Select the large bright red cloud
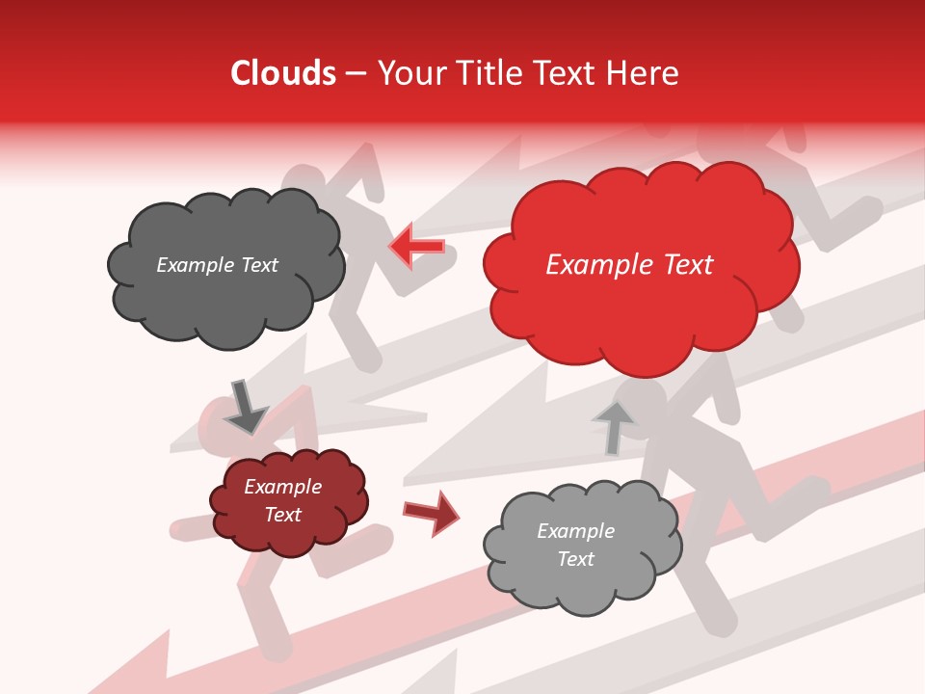pyautogui.click(x=640, y=308)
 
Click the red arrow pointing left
pyautogui.click(x=416, y=247)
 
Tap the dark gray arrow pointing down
pyautogui.click(x=245, y=407)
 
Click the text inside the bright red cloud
pyautogui.click(x=629, y=265)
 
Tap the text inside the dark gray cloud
pyautogui.click(x=217, y=265)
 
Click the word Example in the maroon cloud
pyautogui.click(x=282, y=487)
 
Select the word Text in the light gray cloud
pyautogui.click(x=575, y=559)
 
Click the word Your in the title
pyautogui.click(x=407, y=73)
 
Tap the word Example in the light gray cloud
pyautogui.click(x=575, y=531)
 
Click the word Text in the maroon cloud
pyautogui.click(x=282, y=515)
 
